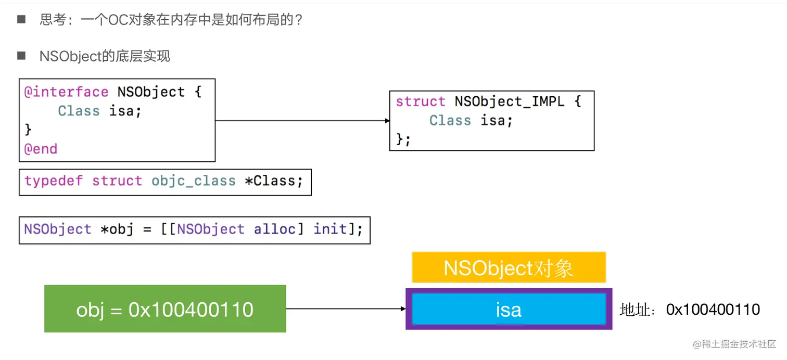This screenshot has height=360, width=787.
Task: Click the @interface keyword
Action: coord(66,92)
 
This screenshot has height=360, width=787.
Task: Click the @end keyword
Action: coord(41,149)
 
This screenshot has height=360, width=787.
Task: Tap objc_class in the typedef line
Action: coord(194,181)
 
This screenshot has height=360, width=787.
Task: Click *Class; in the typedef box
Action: coord(273,181)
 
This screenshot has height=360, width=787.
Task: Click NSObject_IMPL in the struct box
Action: coord(509,101)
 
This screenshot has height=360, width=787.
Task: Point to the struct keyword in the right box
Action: coord(420,101)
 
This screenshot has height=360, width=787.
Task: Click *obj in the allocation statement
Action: coord(117,229)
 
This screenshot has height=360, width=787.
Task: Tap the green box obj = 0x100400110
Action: coord(165,309)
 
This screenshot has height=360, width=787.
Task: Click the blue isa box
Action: coord(509,310)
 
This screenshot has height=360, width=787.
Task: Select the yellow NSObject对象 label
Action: coord(509,268)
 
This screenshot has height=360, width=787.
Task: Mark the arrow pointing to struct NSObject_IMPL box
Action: coord(302,121)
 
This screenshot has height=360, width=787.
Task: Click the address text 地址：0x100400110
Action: coord(690,310)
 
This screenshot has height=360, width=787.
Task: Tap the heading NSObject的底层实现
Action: coord(105,56)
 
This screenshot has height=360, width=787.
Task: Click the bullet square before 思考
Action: coord(21,20)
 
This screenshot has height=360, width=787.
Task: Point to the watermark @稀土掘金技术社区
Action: coord(731,344)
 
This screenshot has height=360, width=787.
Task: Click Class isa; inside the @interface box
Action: coord(99,111)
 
